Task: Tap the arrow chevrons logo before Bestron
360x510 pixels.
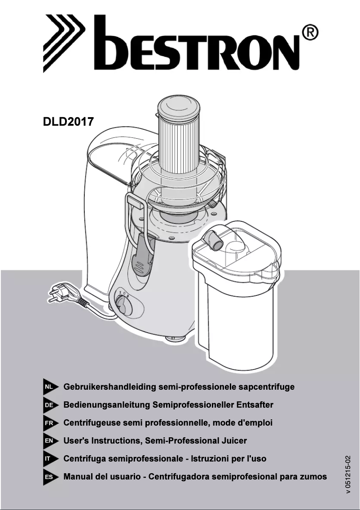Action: [x=64, y=43]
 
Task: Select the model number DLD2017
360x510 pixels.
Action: [x=68, y=122]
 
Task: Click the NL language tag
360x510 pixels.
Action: [x=51, y=387]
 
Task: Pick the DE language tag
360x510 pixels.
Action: [x=51, y=405]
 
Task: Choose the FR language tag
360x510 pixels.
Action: [x=51, y=423]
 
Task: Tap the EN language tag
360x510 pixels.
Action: [x=51, y=441]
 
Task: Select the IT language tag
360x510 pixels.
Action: [x=51, y=459]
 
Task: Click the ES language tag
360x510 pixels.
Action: [x=51, y=477]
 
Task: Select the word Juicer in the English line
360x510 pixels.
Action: [x=234, y=441]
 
